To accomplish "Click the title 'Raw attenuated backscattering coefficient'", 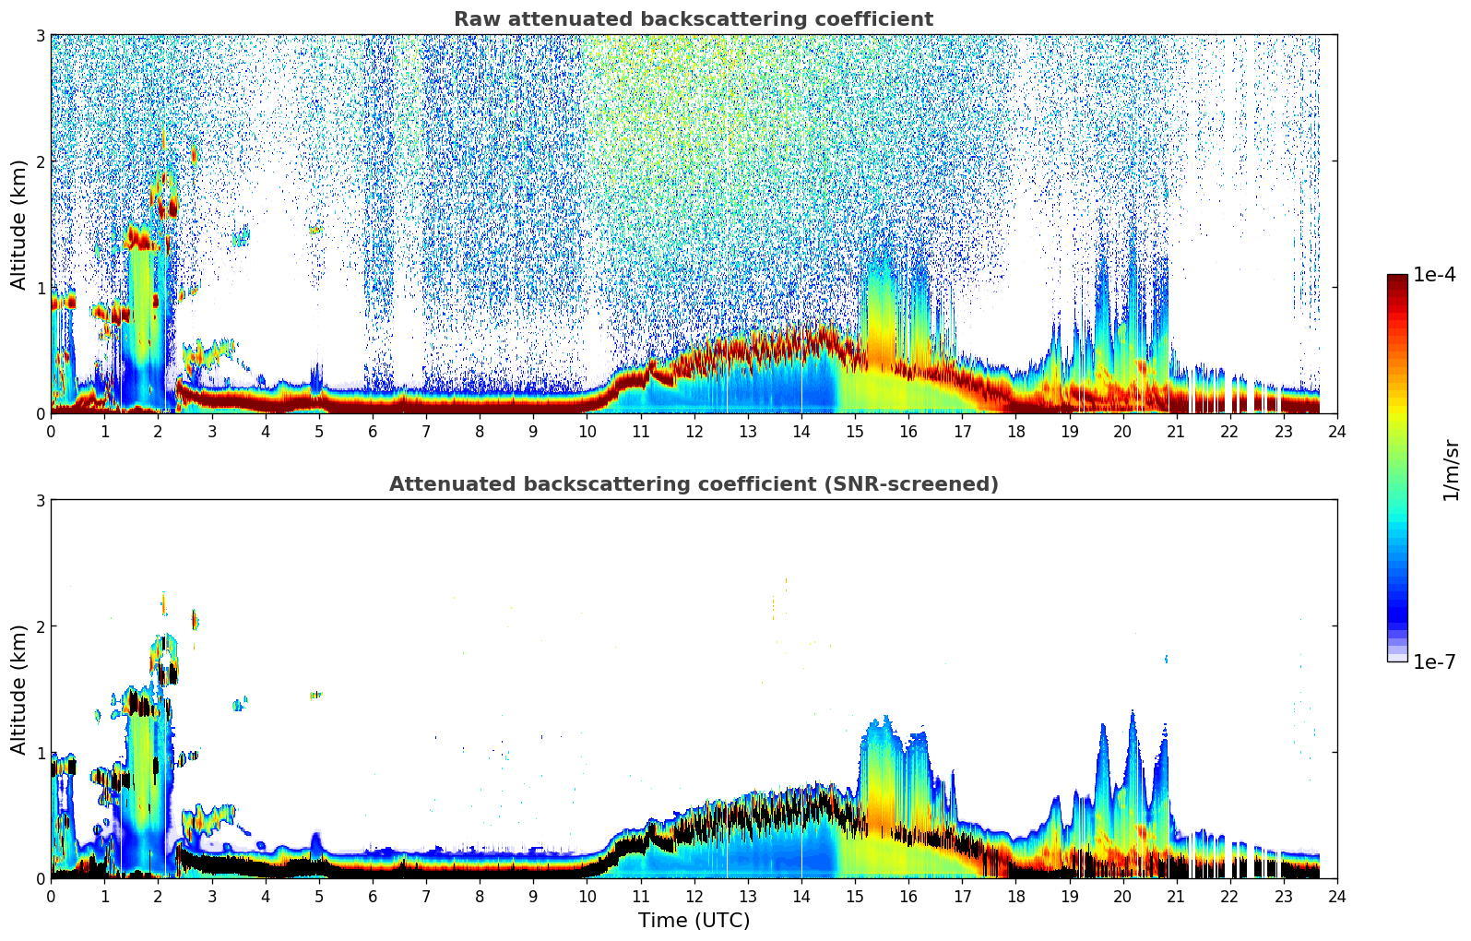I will click(x=694, y=19).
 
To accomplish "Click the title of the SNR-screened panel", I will click(x=694, y=484).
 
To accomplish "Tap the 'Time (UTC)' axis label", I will click(x=694, y=921).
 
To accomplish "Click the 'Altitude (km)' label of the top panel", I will click(x=19, y=224).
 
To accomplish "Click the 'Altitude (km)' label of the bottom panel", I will click(x=19, y=689).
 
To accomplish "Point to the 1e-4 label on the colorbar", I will click(x=1434, y=275).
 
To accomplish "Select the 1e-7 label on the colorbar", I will click(x=1434, y=661).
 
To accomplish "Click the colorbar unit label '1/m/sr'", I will click(x=1451, y=470).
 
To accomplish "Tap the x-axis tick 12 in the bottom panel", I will click(x=694, y=896).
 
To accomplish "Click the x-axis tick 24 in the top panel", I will click(x=1337, y=431).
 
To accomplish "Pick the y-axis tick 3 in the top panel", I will click(x=40, y=35).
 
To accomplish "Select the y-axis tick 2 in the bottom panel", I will click(x=40, y=626).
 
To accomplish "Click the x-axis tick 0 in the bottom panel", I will click(x=51, y=896).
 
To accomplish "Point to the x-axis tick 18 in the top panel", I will click(x=1015, y=431).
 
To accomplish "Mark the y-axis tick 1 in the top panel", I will click(x=40, y=288).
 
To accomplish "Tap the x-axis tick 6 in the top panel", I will click(x=373, y=431).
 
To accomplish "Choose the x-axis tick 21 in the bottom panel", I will click(x=1176, y=896).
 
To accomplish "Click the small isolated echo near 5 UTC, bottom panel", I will click(x=315, y=695).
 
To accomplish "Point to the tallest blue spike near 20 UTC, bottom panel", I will click(x=1133, y=720).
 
